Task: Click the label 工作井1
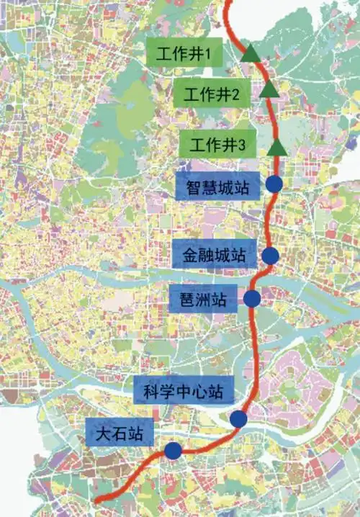click(x=183, y=53)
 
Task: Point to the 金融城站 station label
click(x=214, y=254)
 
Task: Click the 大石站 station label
click(x=120, y=434)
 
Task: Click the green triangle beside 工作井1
click(x=251, y=53)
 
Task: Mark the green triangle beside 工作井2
click(x=268, y=89)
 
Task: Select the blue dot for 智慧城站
click(x=274, y=184)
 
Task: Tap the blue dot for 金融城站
click(x=271, y=254)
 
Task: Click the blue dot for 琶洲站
click(x=252, y=297)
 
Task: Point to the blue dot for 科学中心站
click(x=238, y=419)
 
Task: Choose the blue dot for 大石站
click(x=173, y=451)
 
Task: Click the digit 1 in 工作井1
click(x=207, y=53)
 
